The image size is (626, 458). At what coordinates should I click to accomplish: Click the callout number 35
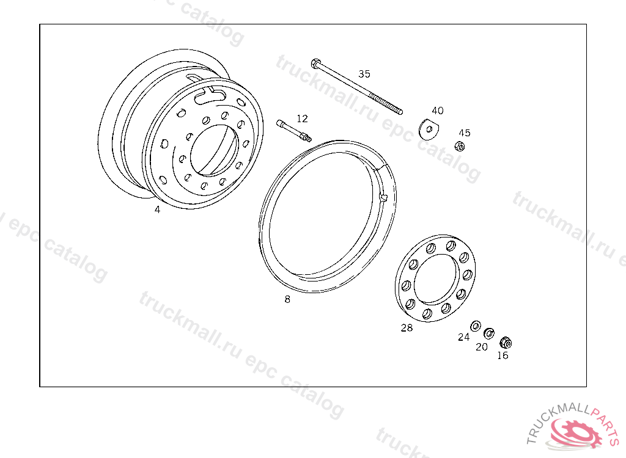pos(364,74)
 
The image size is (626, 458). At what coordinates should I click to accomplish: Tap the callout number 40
pos(438,111)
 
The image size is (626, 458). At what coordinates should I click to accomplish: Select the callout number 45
pos(465,133)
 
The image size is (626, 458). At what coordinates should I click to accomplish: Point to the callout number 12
pos(302,118)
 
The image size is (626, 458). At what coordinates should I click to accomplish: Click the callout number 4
pos(157,209)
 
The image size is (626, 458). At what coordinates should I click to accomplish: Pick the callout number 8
pos(287,299)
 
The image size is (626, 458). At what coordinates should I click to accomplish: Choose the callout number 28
pos(407,327)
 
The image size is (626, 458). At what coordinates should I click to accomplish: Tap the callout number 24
pos(463,337)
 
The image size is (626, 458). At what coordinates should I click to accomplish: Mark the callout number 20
pos(482,347)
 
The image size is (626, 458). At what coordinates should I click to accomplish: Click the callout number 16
pos(503,355)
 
